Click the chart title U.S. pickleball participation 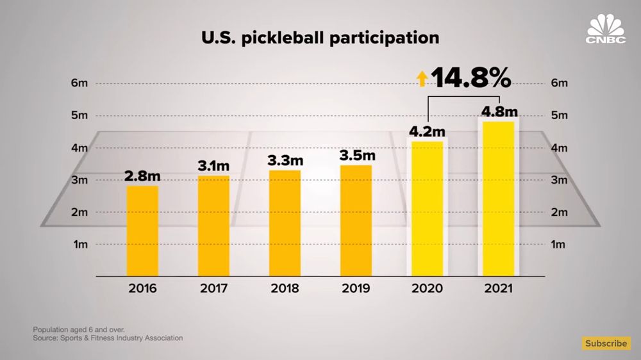point(320,38)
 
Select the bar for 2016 point(142,231)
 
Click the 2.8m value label point(142,175)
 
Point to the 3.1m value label point(213,165)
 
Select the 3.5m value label point(356,155)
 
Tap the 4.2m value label point(427,131)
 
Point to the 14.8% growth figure point(471,79)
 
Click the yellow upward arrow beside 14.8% point(422,79)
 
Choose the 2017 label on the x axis point(213,288)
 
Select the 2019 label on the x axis point(356,288)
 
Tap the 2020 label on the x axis point(427,288)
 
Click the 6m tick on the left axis point(79,83)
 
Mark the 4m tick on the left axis point(79,148)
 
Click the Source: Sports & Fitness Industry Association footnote point(108,338)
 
